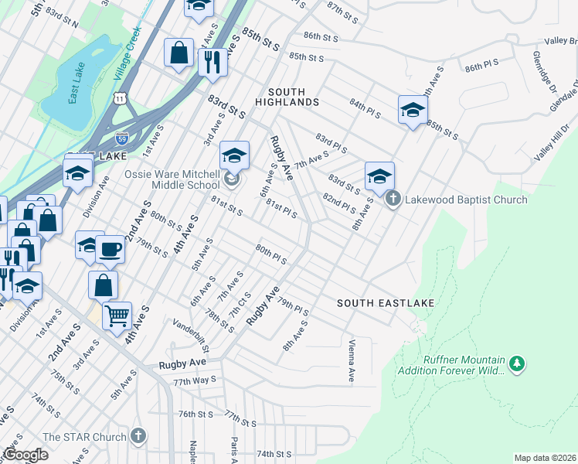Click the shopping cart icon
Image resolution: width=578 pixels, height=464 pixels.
tap(117, 315)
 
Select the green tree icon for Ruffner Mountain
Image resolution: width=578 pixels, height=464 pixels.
tap(517, 362)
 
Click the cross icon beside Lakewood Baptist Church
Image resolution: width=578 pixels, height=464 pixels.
tap(393, 200)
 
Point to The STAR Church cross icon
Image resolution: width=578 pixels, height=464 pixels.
tap(138, 437)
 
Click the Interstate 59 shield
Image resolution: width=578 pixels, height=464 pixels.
tap(122, 138)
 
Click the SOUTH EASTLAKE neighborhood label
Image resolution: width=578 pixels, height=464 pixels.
tap(386, 303)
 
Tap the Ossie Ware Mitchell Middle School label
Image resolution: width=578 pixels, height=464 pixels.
tap(174, 180)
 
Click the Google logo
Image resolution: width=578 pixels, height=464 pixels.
tap(25, 455)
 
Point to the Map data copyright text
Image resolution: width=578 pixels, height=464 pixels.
tap(544, 458)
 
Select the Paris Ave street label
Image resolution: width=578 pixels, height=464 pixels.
tap(233, 449)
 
